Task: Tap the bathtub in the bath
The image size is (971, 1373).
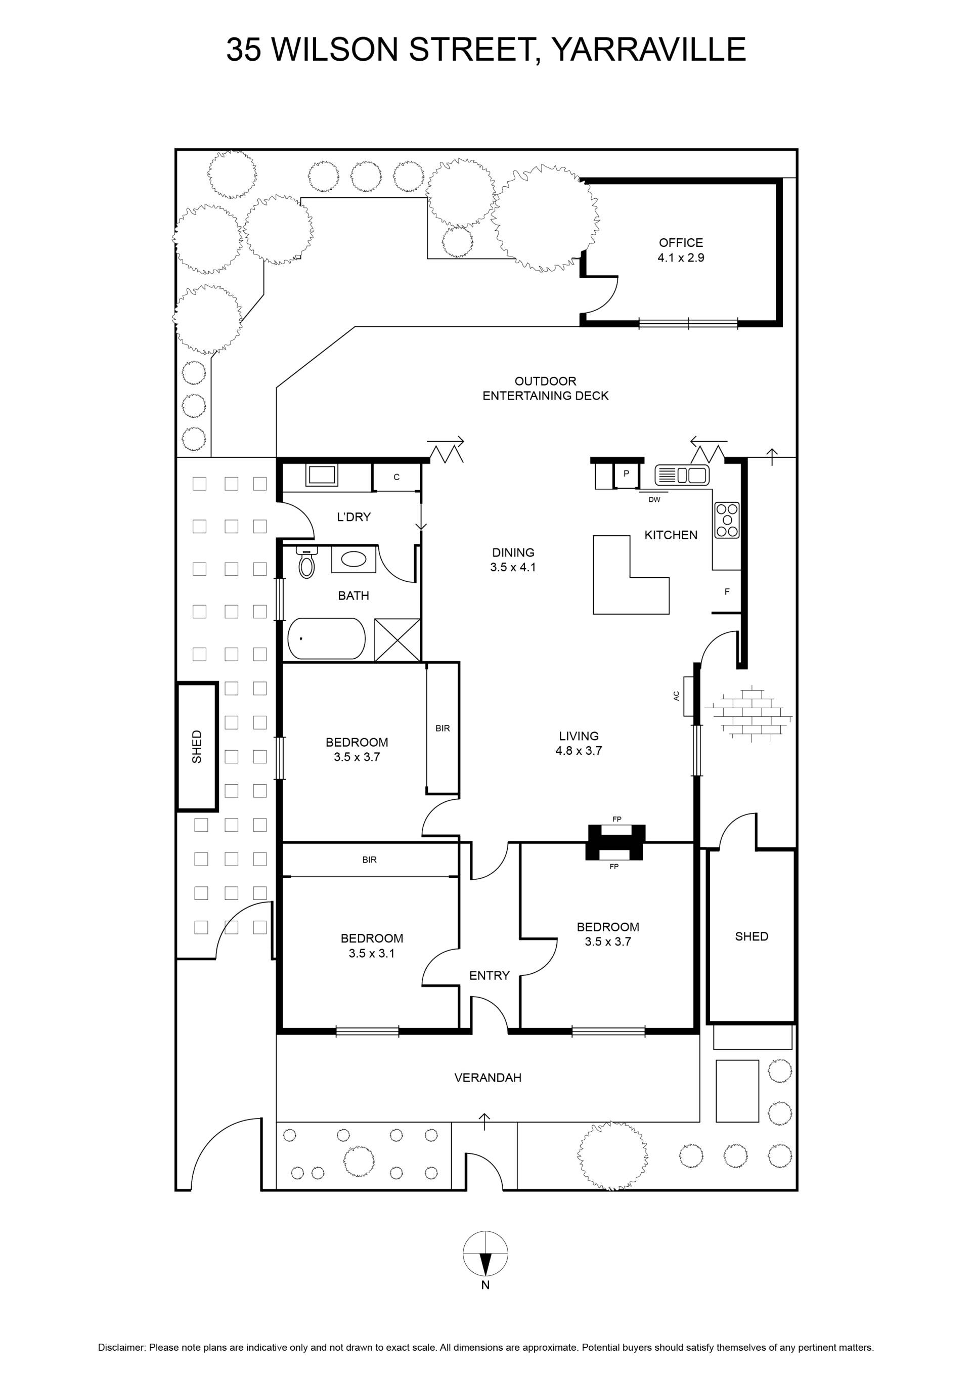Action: (327, 638)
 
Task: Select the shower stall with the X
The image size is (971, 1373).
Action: (397, 640)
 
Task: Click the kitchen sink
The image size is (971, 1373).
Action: (682, 476)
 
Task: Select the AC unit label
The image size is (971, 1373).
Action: (676, 696)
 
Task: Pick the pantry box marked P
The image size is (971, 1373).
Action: (626, 476)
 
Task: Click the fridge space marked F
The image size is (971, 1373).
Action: (727, 591)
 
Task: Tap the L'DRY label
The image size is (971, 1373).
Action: (354, 517)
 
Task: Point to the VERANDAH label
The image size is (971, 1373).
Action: (488, 1078)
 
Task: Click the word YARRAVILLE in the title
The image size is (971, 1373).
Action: (648, 49)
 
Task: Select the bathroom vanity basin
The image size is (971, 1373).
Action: (354, 560)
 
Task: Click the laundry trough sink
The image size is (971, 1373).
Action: (322, 476)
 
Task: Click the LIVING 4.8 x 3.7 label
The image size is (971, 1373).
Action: (579, 743)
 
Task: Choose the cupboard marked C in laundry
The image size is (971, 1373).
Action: (396, 477)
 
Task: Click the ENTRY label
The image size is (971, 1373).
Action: (489, 975)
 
